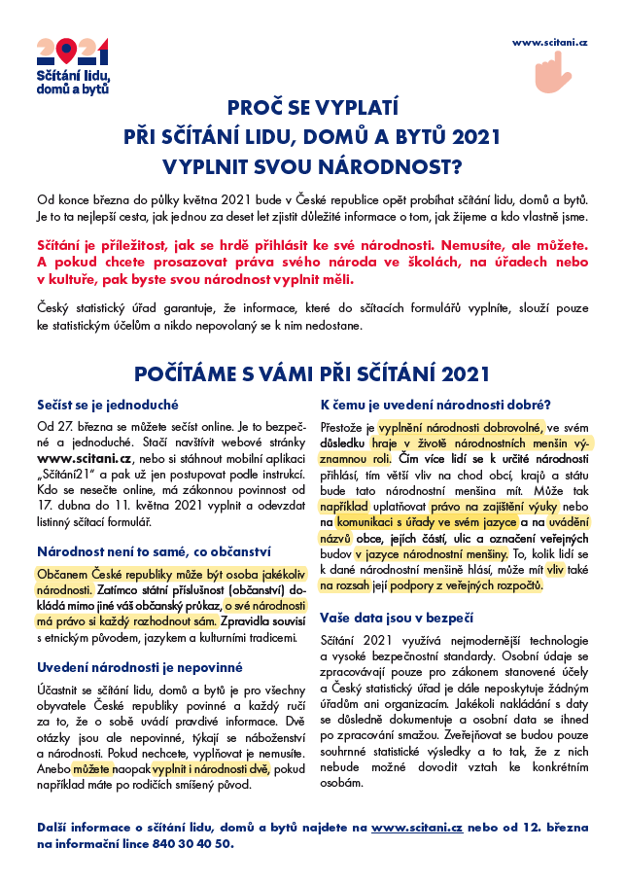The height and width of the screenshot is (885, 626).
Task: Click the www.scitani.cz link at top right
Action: tap(550, 44)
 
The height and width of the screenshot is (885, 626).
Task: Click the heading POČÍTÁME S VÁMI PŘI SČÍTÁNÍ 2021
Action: tap(312, 373)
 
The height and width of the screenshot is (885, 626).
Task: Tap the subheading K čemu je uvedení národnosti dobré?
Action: tap(435, 405)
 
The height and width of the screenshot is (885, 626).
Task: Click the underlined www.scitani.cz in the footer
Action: tap(417, 826)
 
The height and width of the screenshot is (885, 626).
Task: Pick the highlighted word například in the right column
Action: tap(348, 509)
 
